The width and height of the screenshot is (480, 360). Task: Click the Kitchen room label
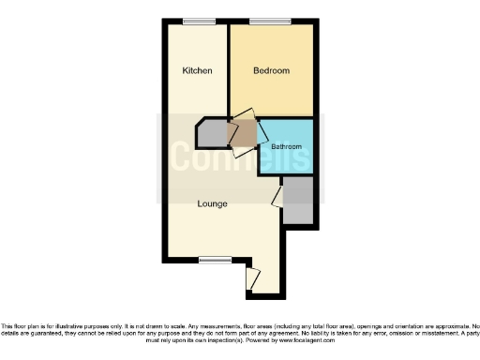coord(197,71)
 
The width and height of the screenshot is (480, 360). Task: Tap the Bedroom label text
coord(272,71)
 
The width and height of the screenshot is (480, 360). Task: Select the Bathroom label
coord(286,147)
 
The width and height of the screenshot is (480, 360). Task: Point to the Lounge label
coord(212,203)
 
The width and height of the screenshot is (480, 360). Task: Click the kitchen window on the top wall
coord(198,22)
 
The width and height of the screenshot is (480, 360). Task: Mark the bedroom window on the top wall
coord(271,22)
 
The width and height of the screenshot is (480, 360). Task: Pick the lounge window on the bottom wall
coord(215,259)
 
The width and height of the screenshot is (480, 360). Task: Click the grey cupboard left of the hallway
coord(212,135)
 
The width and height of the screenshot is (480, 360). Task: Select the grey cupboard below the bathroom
coord(297,199)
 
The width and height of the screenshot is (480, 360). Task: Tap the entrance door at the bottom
coord(251,278)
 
